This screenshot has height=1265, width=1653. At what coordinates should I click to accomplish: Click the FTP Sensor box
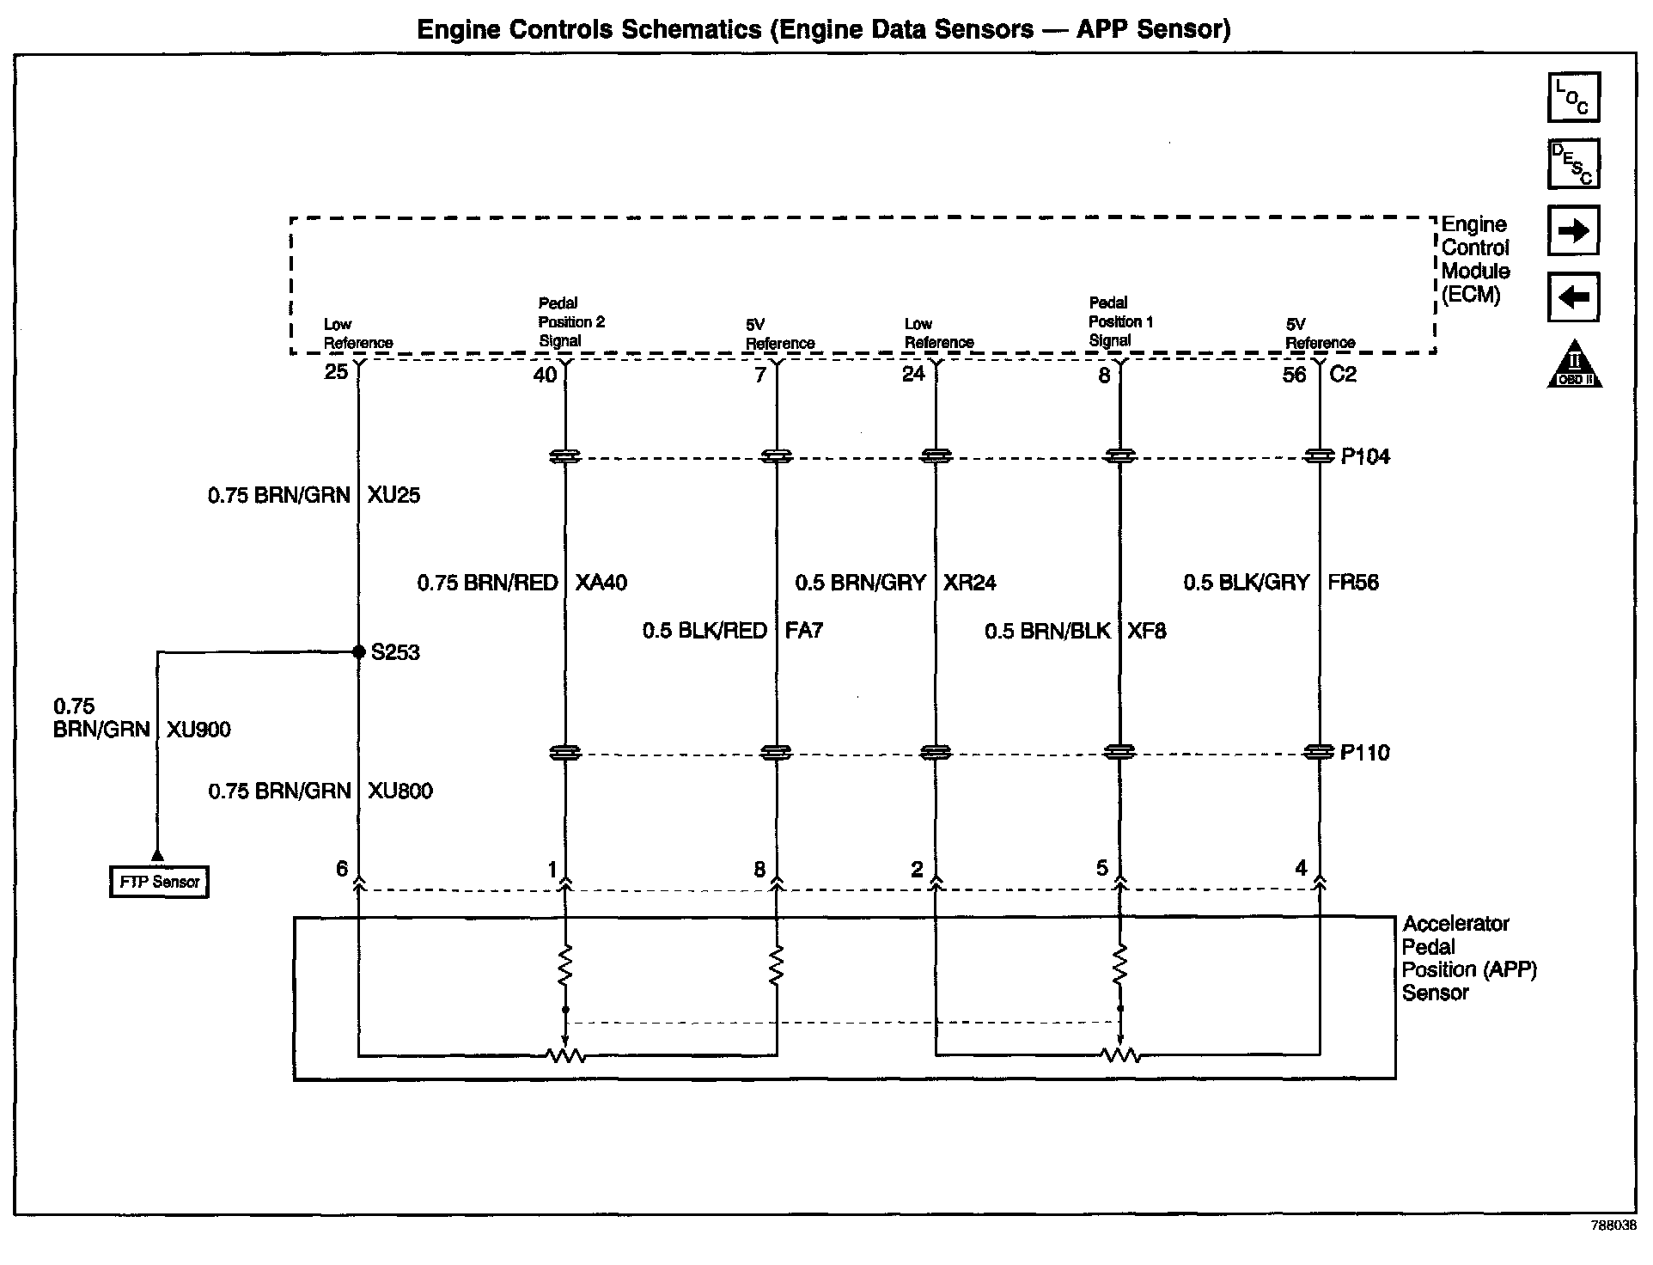[x=160, y=882]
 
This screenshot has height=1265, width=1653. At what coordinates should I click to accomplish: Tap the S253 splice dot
[x=359, y=652]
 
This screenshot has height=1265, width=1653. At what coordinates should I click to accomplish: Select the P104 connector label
[x=1365, y=456]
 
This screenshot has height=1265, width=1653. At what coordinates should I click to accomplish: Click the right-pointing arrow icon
[x=1573, y=230]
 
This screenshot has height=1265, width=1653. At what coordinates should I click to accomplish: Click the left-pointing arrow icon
[x=1573, y=297]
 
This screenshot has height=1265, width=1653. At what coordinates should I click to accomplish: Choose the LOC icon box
[x=1573, y=97]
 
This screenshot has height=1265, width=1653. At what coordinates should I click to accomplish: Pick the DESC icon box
[x=1573, y=163]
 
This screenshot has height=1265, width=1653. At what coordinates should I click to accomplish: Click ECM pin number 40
[x=546, y=375]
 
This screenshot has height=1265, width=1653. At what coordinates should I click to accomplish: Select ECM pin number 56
[x=1294, y=375]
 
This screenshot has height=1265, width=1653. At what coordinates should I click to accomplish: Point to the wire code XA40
[x=601, y=583]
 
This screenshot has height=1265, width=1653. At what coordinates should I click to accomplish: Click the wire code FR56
[x=1352, y=583]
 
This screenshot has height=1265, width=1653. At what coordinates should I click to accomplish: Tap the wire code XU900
[x=198, y=730]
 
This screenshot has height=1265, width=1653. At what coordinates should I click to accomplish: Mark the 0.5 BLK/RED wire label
[x=705, y=631]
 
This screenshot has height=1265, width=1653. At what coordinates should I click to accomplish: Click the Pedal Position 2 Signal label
[x=570, y=322]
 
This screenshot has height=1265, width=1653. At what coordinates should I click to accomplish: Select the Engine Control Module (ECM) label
[x=1475, y=260]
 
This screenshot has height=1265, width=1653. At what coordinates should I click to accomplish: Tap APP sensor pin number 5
[x=1102, y=869]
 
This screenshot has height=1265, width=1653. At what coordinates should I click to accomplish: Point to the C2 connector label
[x=1343, y=375]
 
